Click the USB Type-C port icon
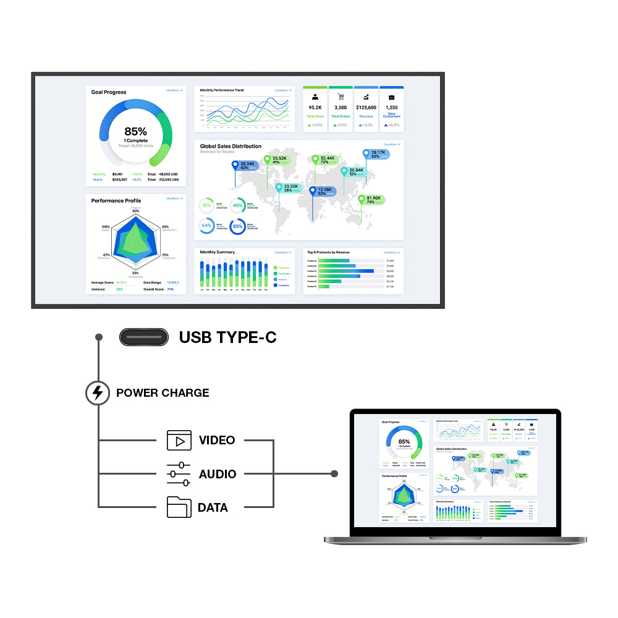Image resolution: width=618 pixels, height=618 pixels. click(x=144, y=337)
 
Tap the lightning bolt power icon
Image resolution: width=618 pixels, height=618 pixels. click(x=98, y=392)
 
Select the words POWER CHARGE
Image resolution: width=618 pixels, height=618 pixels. click(x=163, y=393)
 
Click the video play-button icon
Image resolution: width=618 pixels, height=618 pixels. click(x=179, y=441)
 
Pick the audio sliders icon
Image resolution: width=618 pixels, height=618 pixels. click(x=179, y=474)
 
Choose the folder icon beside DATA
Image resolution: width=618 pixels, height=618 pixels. click(x=179, y=507)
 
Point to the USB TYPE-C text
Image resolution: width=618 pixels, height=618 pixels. click(x=227, y=337)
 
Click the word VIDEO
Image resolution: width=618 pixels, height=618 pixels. click(x=217, y=441)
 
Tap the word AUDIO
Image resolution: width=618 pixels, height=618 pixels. click(x=218, y=475)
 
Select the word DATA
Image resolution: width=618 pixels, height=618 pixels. click(x=213, y=508)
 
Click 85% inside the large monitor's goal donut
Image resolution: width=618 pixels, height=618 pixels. click(x=135, y=132)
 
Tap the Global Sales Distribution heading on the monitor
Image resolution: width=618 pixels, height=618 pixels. click(x=231, y=146)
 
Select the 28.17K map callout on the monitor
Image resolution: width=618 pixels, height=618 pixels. click(x=378, y=153)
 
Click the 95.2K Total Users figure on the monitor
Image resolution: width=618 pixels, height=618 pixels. click(x=315, y=108)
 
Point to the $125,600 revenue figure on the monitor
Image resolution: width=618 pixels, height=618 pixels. click(x=366, y=108)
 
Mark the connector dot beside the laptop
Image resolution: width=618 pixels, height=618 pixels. click(x=334, y=474)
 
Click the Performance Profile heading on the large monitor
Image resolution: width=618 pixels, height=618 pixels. click(x=116, y=201)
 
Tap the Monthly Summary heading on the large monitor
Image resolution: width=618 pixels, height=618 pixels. click(x=217, y=252)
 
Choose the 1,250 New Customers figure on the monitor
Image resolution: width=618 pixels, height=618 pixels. click(x=391, y=108)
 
